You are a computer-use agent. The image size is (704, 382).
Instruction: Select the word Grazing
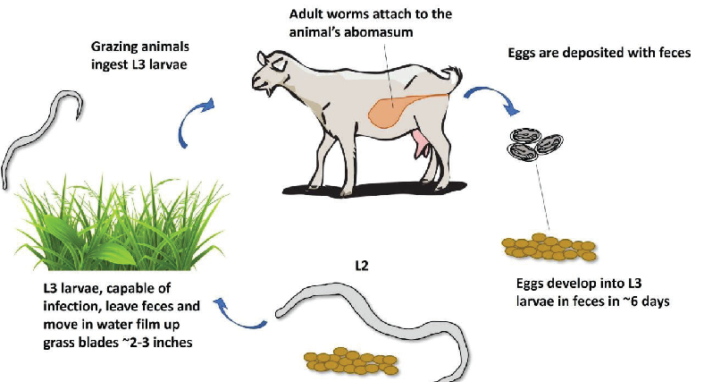click(x=116, y=46)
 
